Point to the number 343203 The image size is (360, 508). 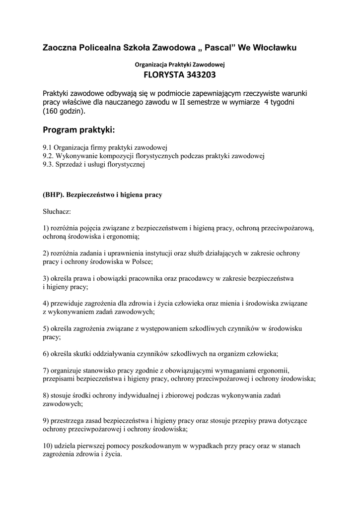coord(199,76)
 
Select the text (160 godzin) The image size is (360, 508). coord(64,112)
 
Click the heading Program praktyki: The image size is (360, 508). coord(78,130)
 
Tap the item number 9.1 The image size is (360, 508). coord(48,147)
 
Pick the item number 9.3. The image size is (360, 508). coord(49,165)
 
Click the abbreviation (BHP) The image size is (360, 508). coord(53,195)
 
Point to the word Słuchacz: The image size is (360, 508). coord(57,212)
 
